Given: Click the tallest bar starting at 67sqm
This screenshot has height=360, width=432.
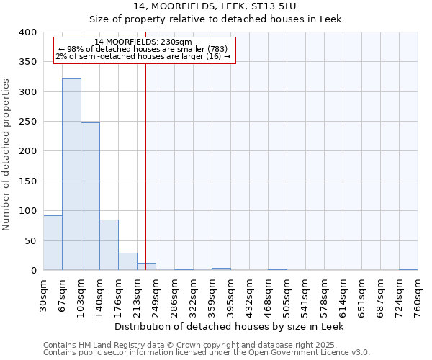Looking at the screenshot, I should pos(71,174).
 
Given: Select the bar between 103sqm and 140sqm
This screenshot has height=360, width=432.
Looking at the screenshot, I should pos(90,197).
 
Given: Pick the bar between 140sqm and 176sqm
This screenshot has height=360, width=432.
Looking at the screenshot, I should pos(109,245).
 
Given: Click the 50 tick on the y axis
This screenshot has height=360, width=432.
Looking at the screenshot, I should pos(30,240).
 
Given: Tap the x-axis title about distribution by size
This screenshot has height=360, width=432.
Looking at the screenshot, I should pos(230,327).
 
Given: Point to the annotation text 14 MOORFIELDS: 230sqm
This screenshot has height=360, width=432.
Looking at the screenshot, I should pos(143,42).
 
